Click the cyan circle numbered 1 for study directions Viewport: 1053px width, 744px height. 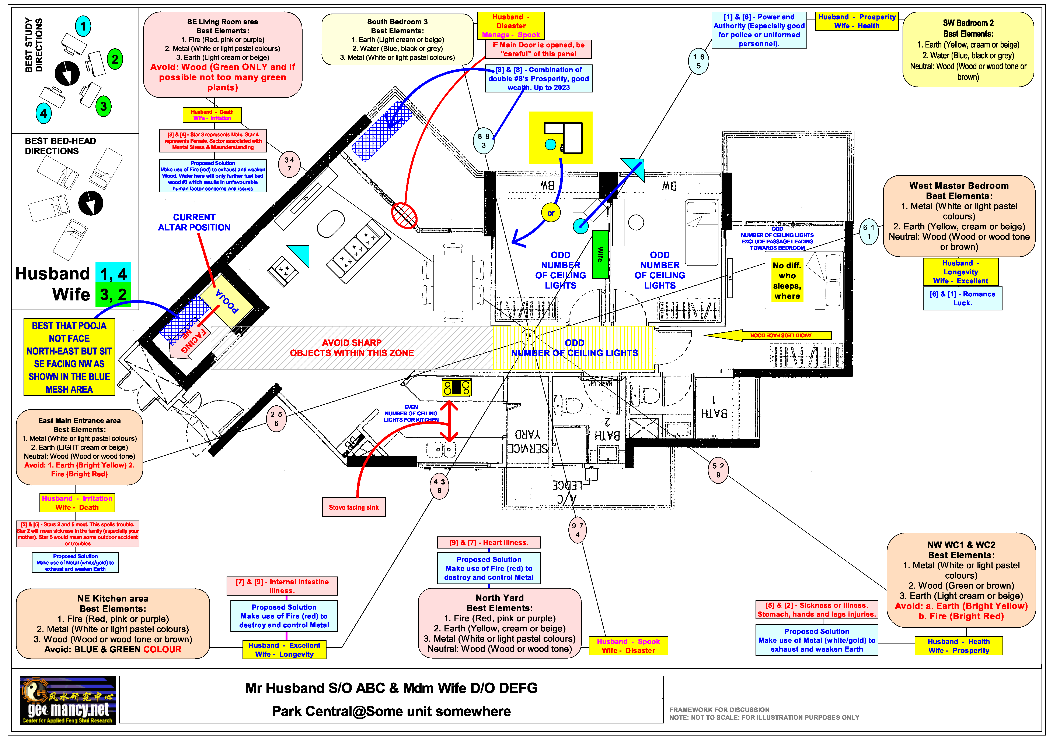(x=83, y=26)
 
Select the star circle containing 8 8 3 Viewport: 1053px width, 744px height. (x=483, y=141)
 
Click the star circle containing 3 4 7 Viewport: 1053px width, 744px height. (x=289, y=164)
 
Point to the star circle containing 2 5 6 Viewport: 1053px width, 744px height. (x=276, y=419)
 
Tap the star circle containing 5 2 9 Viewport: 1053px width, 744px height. (x=718, y=470)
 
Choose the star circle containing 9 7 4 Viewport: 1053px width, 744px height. (x=577, y=530)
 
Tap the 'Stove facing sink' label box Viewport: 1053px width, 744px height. (x=354, y=507)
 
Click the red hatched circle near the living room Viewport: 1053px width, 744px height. (x=404, y=215)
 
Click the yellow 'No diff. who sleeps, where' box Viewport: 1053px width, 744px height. (x=787, y=281)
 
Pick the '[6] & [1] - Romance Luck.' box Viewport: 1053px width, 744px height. (x=962, y=298)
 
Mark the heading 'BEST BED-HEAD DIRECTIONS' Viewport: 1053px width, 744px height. (x=60, y=146)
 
